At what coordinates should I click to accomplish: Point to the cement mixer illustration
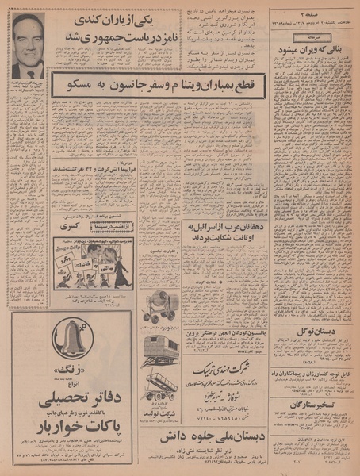tap(162, 306)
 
